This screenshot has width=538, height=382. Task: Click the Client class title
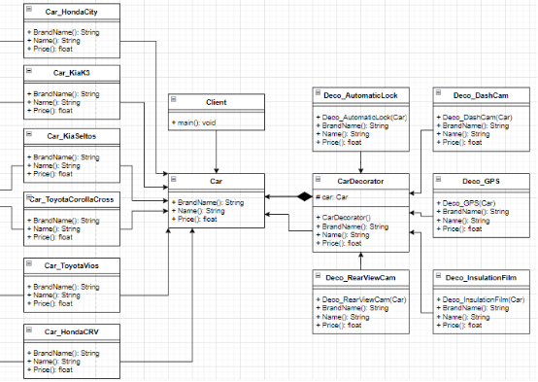click(216, 101)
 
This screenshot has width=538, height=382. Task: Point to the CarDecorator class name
click(361, 181)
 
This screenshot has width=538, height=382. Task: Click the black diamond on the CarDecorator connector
click(304, 196)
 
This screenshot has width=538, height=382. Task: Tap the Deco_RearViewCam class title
click(361, 277)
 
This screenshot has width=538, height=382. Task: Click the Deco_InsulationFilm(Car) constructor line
click(481, 299)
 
